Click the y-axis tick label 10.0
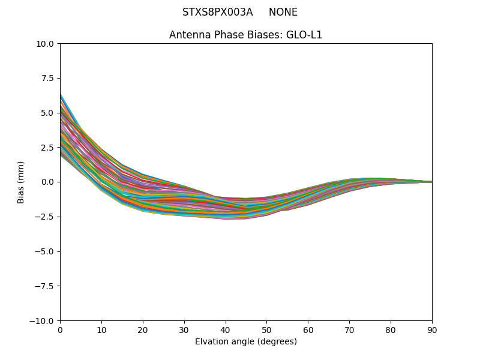(46, 44)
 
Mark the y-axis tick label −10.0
(43, 321)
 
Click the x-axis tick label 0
(60, 330)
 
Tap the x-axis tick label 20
(143, 330)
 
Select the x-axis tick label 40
(226, 330)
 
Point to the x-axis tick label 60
(308, 330)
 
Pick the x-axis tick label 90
(432, 330)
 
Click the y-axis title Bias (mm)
(21, 182)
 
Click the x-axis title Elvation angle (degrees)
(246, 342)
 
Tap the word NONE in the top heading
(283, 13)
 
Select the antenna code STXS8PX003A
(217, 13)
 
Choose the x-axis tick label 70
(349, 330)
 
